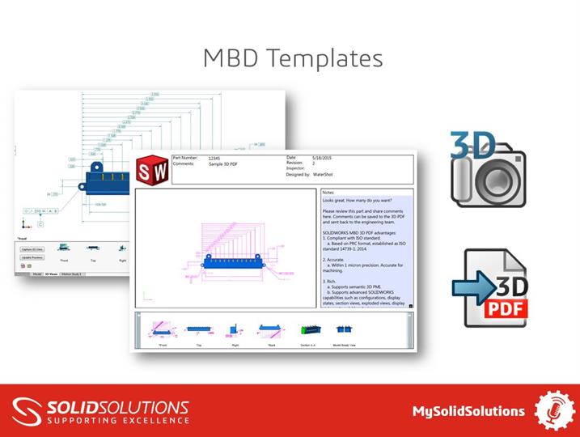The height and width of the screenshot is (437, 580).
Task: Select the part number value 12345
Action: click(214, 158)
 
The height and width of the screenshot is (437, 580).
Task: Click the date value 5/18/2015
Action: click(323, 158)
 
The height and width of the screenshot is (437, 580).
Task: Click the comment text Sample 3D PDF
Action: click(227, 163)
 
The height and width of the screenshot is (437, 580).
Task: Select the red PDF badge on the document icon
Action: click(507, 308)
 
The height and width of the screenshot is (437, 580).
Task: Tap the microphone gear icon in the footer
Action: click(555, 411)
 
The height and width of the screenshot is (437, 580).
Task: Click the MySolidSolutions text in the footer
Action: click(468, 411)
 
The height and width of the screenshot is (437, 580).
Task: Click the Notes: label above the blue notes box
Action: click(328, 193)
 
